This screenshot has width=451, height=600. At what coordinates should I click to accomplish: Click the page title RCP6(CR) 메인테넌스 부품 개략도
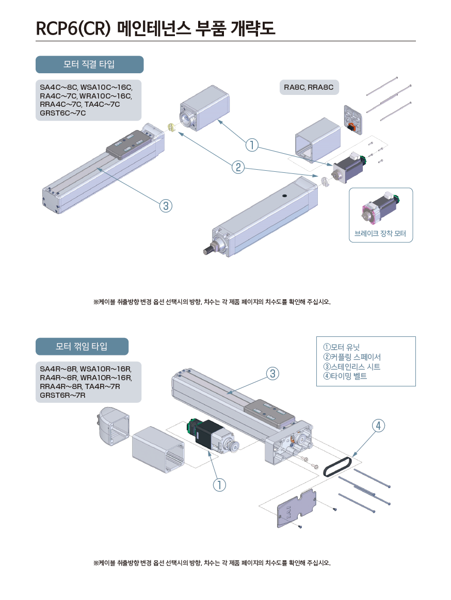tap(155, 28)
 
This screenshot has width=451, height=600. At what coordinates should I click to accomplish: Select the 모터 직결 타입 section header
tap(89, 65)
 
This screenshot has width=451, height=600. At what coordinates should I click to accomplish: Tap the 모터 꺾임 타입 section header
tap(82, 347)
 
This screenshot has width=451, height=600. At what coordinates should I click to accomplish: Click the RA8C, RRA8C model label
tap(309, 87)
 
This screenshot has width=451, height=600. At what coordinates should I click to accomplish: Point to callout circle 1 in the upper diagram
tap(252, 145)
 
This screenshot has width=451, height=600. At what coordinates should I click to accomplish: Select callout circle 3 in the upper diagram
tap(165, 206)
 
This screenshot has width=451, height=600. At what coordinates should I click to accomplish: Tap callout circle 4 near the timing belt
tap(378, 425)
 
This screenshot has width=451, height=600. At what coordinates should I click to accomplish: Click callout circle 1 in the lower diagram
tap(220, 484)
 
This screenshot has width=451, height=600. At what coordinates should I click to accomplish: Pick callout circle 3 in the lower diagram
tap(273, 373)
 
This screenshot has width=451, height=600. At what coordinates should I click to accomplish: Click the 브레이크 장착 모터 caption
tap(380, 234)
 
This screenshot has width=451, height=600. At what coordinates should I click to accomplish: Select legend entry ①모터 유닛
tap(341, 347)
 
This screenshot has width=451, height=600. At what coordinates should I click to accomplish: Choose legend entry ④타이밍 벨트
tap(345, 376)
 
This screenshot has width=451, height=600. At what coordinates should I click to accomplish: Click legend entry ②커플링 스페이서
tap(352, 356)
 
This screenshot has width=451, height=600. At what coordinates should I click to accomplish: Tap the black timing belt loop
tap(337, 464)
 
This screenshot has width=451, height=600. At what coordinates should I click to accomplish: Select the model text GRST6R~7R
tap(62, 395)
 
